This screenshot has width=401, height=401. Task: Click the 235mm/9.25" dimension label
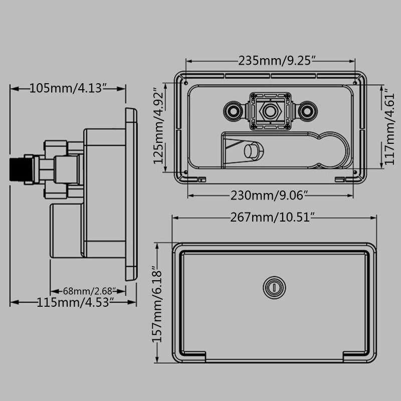(276, 61)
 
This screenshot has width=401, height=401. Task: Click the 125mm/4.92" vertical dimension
(158, 130)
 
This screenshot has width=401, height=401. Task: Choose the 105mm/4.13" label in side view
(68, 88)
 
